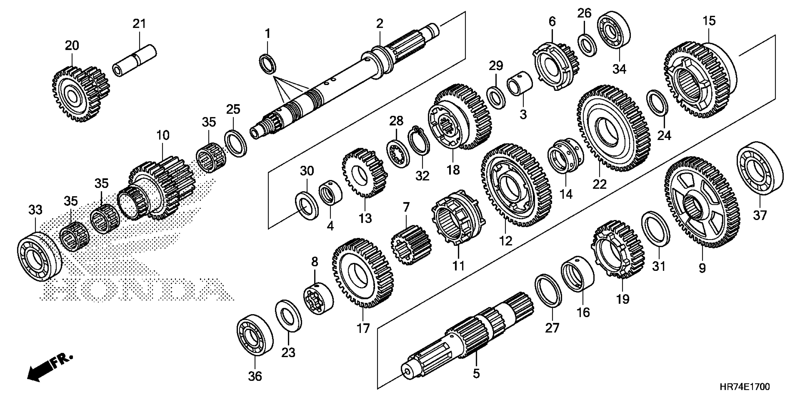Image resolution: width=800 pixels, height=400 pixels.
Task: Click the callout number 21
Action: pos(139,24)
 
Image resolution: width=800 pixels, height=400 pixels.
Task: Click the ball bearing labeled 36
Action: pos(255,338)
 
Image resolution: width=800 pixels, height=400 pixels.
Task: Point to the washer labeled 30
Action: pos(307,206)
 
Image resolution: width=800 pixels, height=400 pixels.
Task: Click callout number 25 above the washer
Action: pos(233,109)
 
